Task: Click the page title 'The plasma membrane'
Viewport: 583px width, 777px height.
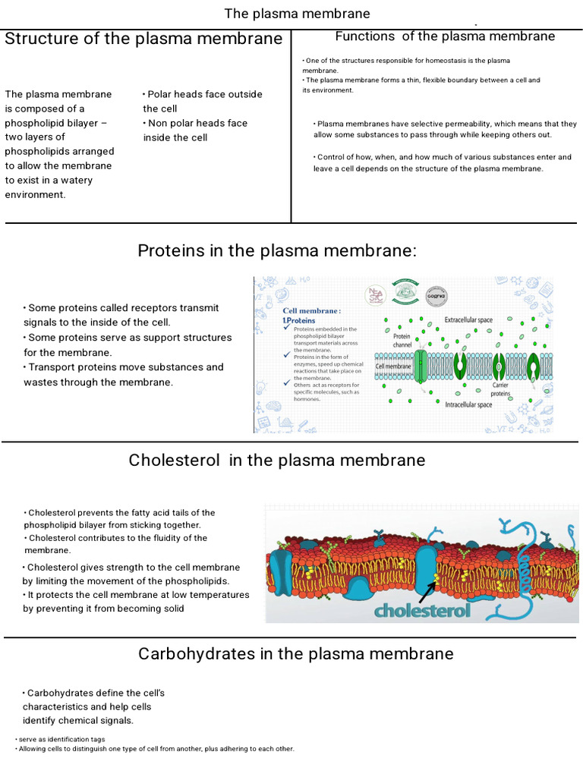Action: [x=297, y=14]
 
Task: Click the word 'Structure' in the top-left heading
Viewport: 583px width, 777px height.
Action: [x=39, y=39]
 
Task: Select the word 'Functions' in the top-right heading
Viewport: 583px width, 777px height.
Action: [x=365, y=36]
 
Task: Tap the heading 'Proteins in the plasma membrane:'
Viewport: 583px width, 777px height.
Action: [x=277, y=251]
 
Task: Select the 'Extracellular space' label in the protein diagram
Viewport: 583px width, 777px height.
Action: [x=468, y=320]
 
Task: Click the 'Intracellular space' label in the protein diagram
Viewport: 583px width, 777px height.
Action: [x=468, y=404]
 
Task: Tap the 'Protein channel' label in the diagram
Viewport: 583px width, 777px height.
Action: [x=402, y=341]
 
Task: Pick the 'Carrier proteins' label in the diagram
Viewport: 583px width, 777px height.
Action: [x=500, y=389]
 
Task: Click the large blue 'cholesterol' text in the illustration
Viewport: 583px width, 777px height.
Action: [x=422, y=610]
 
